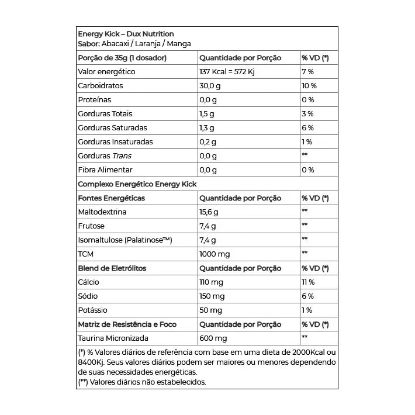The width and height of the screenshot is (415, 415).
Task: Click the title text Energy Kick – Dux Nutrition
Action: point(126,34)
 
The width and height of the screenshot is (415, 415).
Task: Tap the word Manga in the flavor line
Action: point(179,44)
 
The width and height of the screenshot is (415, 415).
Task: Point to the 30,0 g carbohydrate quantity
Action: point(210,86)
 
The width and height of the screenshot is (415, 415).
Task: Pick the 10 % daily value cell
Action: point(309,86)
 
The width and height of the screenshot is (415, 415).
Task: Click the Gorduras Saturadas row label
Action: point(112,128)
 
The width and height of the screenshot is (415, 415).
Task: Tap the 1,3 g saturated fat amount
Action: point(207,128)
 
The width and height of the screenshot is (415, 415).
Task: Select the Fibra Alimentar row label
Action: point(105,170)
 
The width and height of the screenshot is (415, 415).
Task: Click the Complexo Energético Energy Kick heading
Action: point(137,184)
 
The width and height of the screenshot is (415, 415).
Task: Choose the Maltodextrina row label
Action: point(102,212)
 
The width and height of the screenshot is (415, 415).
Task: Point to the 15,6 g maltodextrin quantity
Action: point(209,212)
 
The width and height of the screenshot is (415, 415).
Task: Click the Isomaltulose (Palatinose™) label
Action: point(125,240)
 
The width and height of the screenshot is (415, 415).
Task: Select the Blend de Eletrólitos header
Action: point(112,268)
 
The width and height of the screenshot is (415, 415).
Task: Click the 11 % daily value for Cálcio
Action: point(308,282)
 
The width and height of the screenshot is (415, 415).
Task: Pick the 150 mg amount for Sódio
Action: point(211,296)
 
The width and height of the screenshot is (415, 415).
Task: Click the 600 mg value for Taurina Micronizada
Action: point(213,338)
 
